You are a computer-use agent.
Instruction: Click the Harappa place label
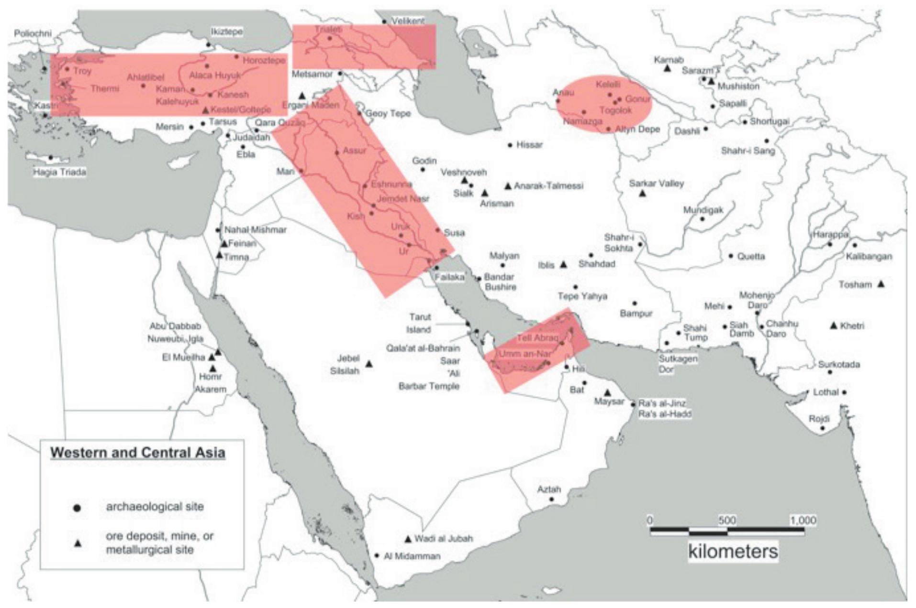pyautogui.click(x=830, y=235)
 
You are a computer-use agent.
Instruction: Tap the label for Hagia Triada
pyautogui.click(x=59, y=172)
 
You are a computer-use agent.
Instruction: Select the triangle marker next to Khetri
pyautogui.click(x=834, y=326)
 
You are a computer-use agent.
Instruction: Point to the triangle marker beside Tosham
pyautogui.click(x=881, y=284)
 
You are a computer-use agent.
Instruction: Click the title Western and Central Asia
pyautogui.click(x=138, y=452)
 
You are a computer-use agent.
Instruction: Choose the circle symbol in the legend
pyautogui.click(x=77, y=508)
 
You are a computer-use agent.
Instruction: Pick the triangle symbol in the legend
pyautogui.click(x=77, y=543)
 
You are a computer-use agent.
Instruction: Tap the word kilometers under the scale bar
pyautogui.click(x=733, y=551)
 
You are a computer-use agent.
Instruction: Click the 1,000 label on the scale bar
pyautogui.click(x=803, y=520)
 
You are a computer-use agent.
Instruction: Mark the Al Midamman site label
pyautogui.click(x=412, y=556)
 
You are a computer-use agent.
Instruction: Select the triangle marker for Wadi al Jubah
pyautogui.click(x=408, y=539)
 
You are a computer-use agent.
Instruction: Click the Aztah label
pyautogui.click(x=548, y=489)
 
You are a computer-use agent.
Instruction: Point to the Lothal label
pyautogui.click(x=826, y=392)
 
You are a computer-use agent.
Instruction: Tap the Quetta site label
pyautogui.click(x=751, y=257)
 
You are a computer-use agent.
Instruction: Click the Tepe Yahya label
pyautogui.click(x=582, y=296)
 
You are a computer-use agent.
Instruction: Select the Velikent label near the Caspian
pyautogui.click(x=408, y=21)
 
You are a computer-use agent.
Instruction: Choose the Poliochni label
pyautogui.click(x=33, y=33)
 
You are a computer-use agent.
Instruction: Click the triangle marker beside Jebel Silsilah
pyautogui.click(x=369, y=364)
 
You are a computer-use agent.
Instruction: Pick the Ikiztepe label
pyautogui.click(x=227, y=32)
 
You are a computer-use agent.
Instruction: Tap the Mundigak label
pyautogui.click(x=703, y=210)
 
